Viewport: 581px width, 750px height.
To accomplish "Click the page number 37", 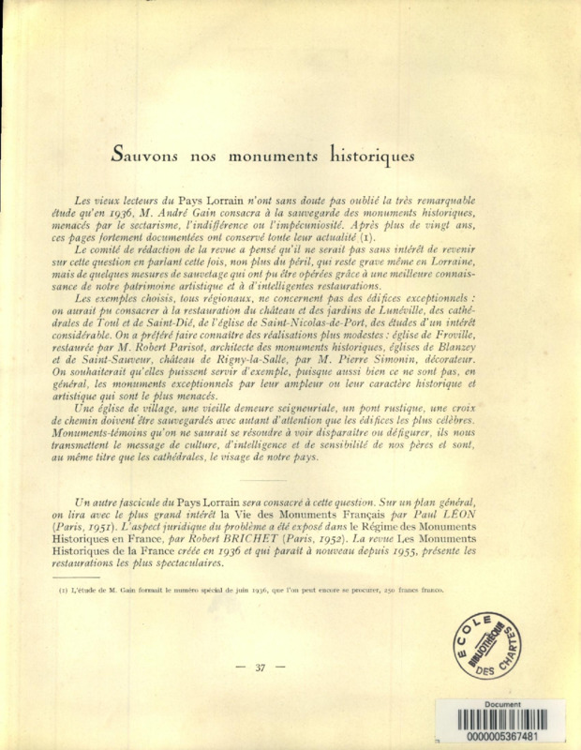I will (261, 667).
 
